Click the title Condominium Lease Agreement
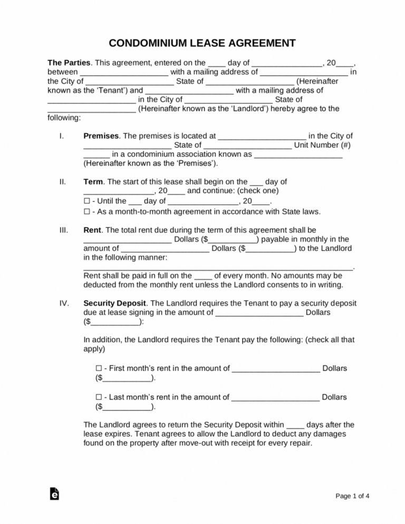point(202,43)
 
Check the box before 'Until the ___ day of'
point(87,201)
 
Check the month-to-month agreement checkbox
point(87,211)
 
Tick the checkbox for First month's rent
point(99,368)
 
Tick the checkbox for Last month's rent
point(99,397)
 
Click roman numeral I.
point(62,135)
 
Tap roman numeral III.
point(63,230)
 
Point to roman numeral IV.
point(64,303)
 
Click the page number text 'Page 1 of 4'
point(352,496)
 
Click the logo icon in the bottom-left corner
point(54,493)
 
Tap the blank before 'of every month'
point(204,275)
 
